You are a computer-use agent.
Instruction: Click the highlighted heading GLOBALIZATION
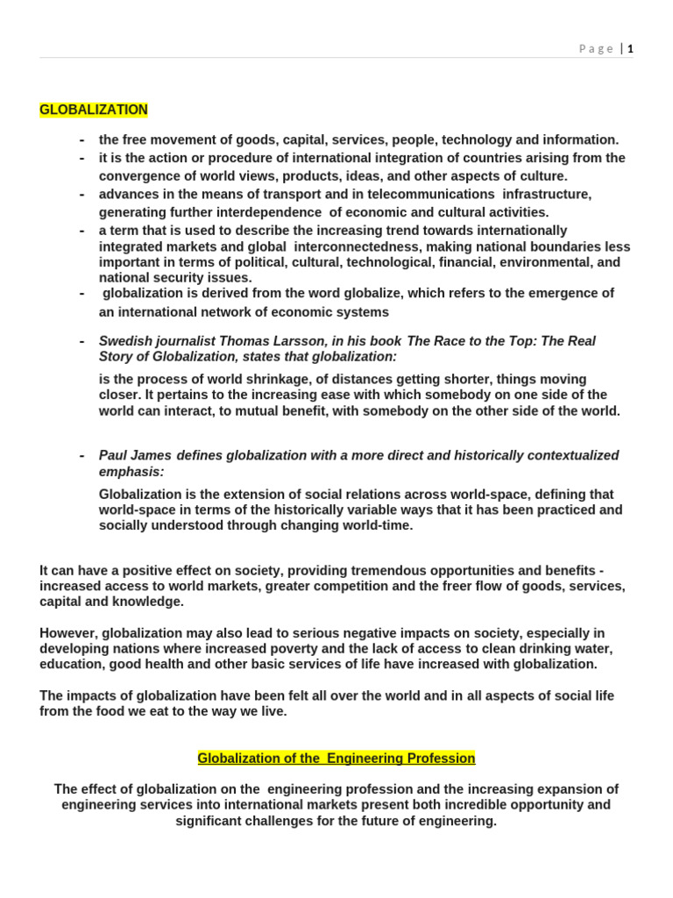(x=94, y=110)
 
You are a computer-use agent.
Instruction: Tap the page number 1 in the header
(x=630, y=49)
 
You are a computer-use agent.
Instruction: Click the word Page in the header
(x=596, y=49)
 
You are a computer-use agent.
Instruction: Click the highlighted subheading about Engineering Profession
(x=336, y=758)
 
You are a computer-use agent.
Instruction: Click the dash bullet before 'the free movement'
(x=81, y=139)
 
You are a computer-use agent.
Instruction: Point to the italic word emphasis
(x=131, y=472)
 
